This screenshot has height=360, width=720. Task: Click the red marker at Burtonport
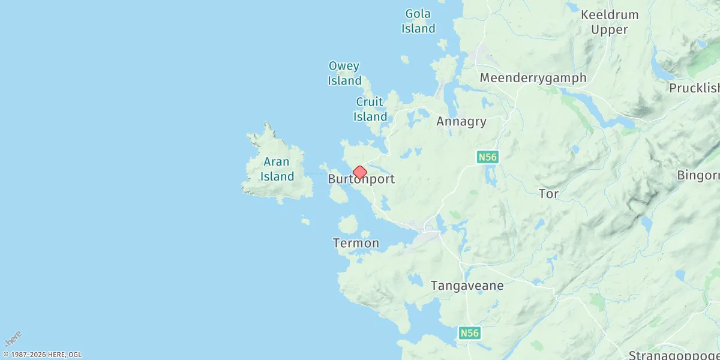point(359,173)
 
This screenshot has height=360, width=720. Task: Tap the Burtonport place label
point(361,179)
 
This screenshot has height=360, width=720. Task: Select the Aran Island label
point(277,169)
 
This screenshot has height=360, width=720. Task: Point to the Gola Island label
point(418,21)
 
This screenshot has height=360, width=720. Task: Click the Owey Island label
point(344,73)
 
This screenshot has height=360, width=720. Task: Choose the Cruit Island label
point(370,109)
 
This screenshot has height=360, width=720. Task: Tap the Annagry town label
point(461,122)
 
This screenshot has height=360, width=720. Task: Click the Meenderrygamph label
point(533,78)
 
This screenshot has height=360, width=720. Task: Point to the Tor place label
point(548,194)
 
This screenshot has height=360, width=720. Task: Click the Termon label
point(356,243)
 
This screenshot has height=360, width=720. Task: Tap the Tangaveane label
point(467,286)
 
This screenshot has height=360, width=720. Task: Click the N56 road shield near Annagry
point(487,157)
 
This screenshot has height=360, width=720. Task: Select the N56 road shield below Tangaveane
point(470,332)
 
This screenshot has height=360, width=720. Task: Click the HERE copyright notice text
point(42,355)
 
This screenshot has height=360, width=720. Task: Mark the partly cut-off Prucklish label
point(694,88)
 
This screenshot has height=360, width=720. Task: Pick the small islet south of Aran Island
point(305,221)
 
